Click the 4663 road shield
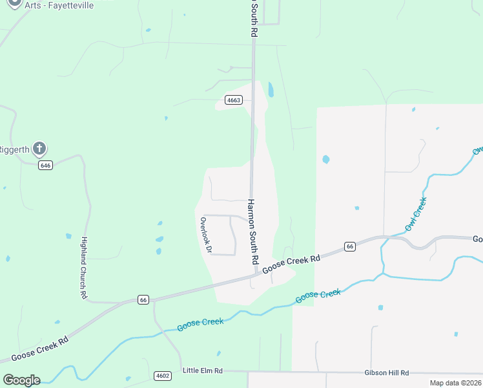tap(234, 100)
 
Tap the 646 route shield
tap(45, 165)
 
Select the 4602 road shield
tap(163, 375)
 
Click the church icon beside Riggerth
tap(39, 149)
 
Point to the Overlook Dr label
tap(206, 234)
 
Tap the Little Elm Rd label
tap(202, 371)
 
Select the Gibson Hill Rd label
tap(387, 373)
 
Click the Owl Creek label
tap(416, 215)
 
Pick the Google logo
tap(21, 380)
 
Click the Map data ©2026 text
tap(455, 383)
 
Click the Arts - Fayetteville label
tap(60, 5)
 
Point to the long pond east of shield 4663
tap(271, 89)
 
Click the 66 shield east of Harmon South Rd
tap(349, 246)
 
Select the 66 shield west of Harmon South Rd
tap(143, 299)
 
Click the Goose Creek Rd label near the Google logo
tap(39, 348)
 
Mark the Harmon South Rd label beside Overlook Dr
tap(253, 231)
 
